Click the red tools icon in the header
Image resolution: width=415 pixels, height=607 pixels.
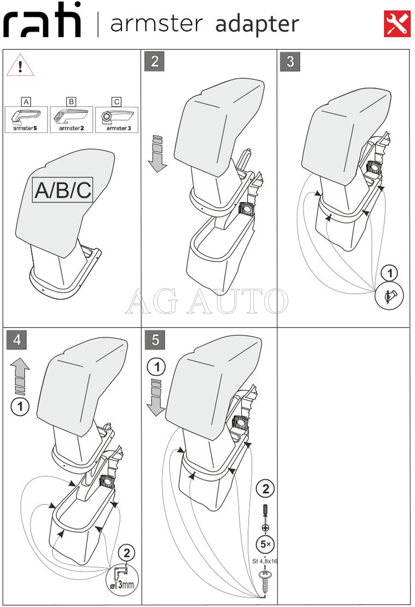397,24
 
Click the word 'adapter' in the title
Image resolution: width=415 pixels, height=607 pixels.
257,24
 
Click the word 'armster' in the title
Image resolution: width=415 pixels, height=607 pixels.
156,24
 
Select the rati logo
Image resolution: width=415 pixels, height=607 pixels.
42,21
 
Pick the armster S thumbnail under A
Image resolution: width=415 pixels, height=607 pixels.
26,119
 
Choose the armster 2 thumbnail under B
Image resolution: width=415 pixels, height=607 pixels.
72,119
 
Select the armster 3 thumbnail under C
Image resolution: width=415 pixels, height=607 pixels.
117,119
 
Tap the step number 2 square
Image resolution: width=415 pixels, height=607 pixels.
154,61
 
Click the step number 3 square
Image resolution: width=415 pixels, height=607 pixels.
290,61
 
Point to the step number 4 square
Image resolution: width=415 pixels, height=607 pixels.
17,339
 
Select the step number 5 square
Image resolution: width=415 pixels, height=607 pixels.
155,339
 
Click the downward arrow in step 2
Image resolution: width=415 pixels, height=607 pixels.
157,153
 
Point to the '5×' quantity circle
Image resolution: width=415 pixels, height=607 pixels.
265,544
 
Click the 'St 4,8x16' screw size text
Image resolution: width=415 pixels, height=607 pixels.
265,561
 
